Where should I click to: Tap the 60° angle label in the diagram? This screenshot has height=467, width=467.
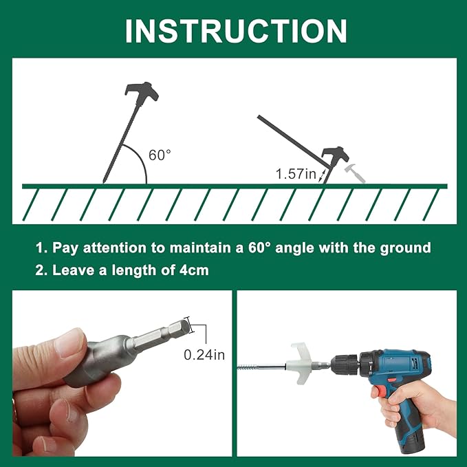(x=160, y=155)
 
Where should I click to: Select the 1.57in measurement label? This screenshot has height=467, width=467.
(x=296, y=175)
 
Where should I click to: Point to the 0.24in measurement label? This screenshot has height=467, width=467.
(x=205, y=356)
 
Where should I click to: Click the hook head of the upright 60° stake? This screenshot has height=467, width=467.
(x=142, y=91)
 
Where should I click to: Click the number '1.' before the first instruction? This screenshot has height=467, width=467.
(x=41, y=248)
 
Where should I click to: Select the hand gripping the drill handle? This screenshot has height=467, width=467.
(x=420, y=406)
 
